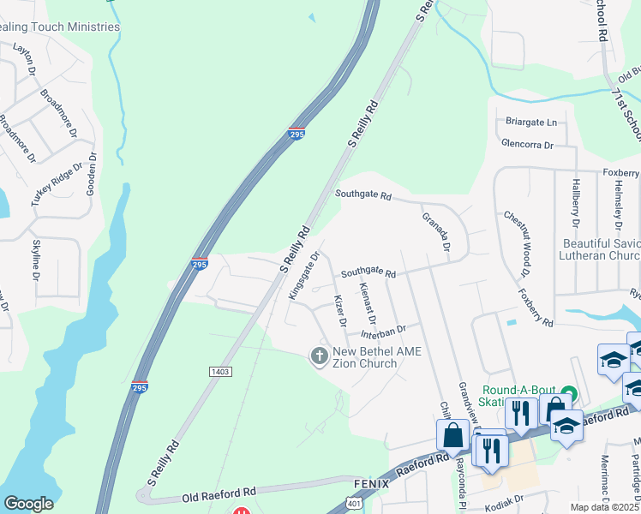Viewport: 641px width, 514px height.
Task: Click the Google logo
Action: click(28, 504)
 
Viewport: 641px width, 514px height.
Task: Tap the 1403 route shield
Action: click(219, 371)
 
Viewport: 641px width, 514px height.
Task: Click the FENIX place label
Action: click(371, 484)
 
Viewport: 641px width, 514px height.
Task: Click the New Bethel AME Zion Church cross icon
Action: click(320, 356)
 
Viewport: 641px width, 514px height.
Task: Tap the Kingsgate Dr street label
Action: click(304, 275)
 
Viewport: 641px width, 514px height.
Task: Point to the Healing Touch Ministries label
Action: click(58, 27)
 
